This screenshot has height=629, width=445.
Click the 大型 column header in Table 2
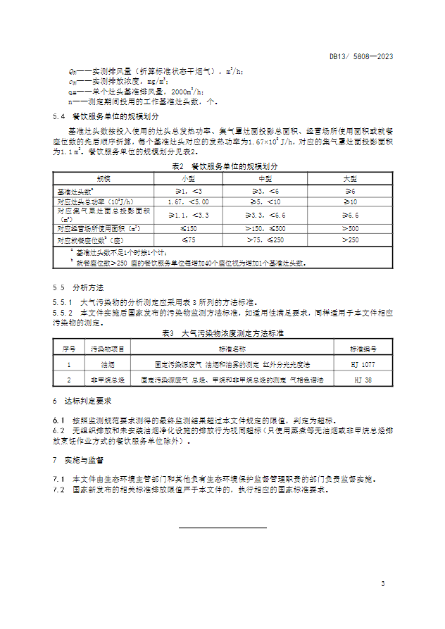point(350,179)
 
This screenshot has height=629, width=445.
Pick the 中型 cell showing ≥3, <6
point(265,191)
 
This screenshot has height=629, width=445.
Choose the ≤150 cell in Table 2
point(187,228)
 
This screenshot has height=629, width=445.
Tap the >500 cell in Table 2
point(350,228)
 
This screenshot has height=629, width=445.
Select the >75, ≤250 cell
point(265,239)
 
